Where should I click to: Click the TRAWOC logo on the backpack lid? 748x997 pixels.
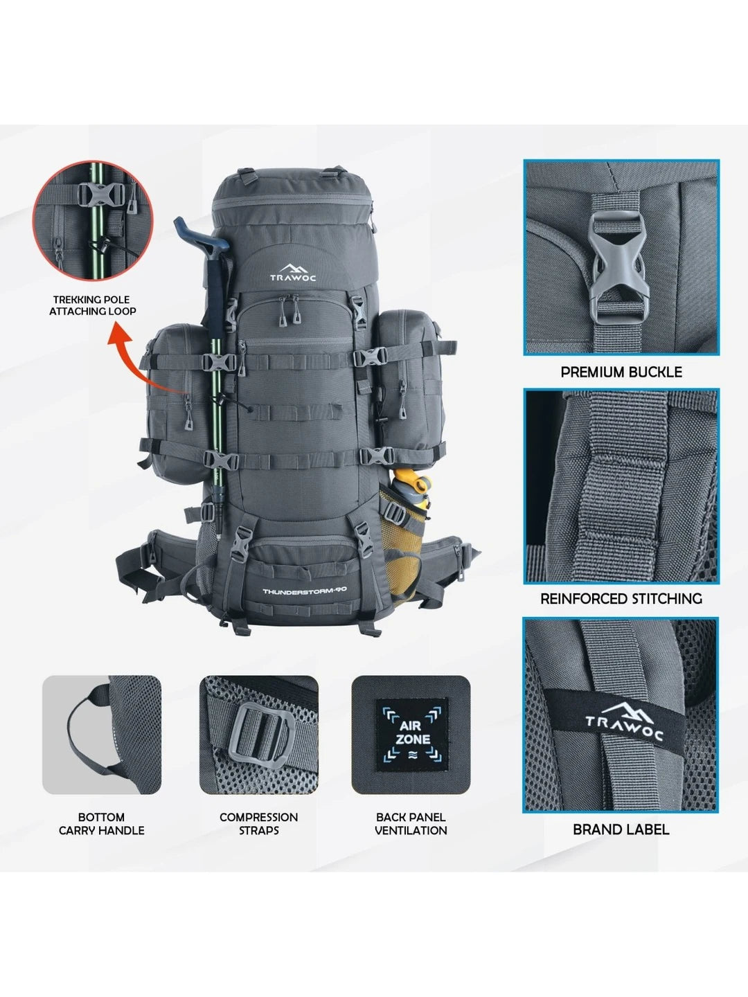[x=293, y=273]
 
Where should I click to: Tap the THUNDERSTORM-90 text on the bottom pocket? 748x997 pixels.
[x=305, y=591]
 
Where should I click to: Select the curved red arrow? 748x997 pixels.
[x=136, y=359]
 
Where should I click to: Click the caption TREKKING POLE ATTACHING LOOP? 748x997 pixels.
[x=93, y=305]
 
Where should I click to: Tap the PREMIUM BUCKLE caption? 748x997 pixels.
[x=621, y=372]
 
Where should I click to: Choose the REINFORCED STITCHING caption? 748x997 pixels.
[x=621, y=599]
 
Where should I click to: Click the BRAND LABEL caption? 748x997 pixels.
[x=621, y=829]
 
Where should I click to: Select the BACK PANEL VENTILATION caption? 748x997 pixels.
[x=411, y=823]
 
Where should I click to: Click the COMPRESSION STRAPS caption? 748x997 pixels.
[x=259, y=823]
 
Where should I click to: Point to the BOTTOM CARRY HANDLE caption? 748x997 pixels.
[x=102, y=823]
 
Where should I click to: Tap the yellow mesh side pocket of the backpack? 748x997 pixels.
[x=402, y=550]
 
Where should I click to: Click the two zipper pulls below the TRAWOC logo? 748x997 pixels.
[x=290, y=310]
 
